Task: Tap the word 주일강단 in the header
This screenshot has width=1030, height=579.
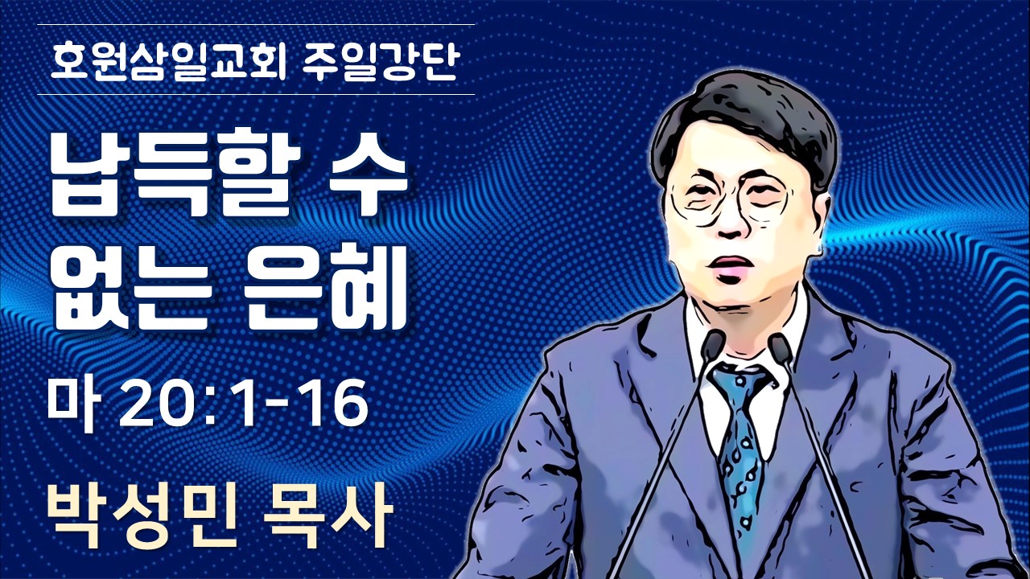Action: point(380,61)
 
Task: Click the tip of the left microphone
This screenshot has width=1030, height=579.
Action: point(713,340)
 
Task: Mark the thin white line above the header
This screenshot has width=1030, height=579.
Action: point(256,24)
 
